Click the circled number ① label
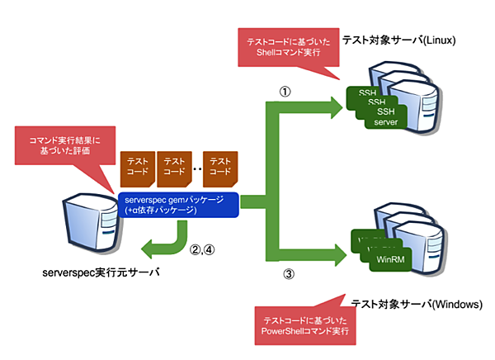pos(284,92)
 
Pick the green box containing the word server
pos(385,123)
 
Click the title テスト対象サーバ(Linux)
pos(410,40)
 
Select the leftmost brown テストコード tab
pos(138,168)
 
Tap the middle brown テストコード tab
pos(175,168)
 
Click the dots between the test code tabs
pos(198,168)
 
